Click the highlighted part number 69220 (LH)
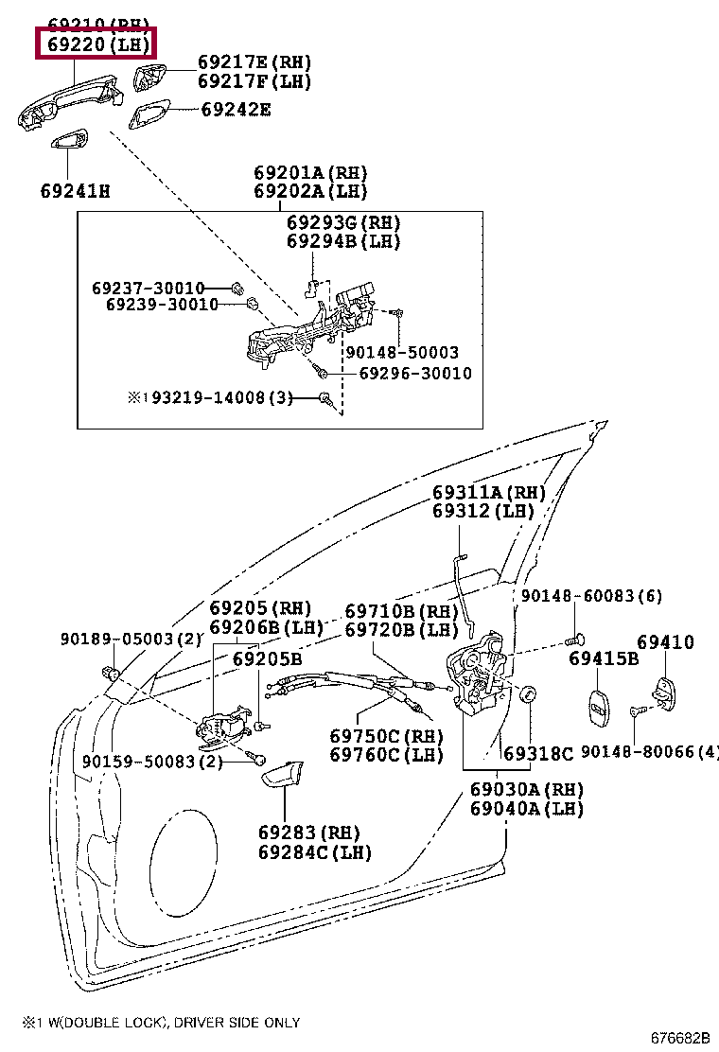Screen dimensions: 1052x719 click(96, 43)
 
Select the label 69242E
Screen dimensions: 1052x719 click(236, 110)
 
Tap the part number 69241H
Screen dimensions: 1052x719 click(75, 191)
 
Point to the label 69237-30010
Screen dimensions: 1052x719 click(148, 287)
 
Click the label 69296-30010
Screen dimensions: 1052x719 click(414, 374)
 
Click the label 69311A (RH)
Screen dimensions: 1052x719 click(489, 493)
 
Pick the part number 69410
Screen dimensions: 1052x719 click(665, 642)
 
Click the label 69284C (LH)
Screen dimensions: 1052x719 click(314, 851)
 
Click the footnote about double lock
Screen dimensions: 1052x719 click(161, 1022)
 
